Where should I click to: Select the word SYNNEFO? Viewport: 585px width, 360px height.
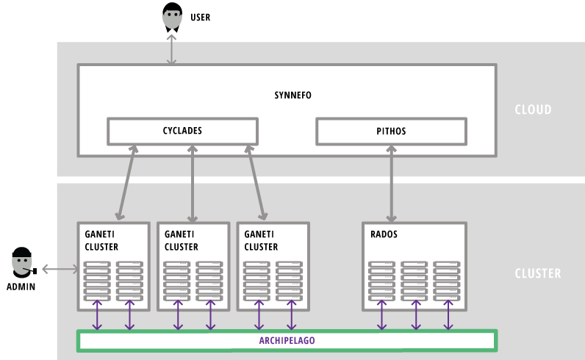click(x=287, y=96)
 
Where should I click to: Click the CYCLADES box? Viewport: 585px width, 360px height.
click(x=182, y=131)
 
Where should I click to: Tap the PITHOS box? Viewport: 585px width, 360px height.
click(x=391, y=132)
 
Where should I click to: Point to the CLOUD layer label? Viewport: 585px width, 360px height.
click(x=533, y=110)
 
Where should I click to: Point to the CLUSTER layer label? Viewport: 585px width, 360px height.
click(x=537, y=273)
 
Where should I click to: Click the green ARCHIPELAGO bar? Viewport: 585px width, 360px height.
click(x=287, y=341)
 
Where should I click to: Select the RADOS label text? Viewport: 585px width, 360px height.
click(x=384, y=234)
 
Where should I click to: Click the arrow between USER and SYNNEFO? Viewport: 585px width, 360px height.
click(x=172, y=49)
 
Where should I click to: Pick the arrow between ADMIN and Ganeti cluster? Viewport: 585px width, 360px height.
click(x=60, y=270)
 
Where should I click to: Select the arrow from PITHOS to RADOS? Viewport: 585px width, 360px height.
click(x=391, y=183)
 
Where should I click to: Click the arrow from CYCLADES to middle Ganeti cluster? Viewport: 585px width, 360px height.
click(x=193, y=183)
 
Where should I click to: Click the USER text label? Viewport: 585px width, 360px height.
click(x=200, y=17)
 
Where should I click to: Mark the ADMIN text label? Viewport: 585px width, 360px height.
click(x=21, y=287)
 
